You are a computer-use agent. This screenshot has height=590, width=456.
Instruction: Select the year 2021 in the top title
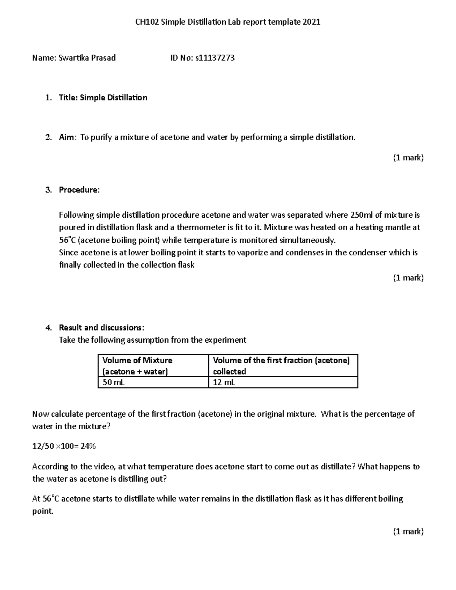tap(311, 22)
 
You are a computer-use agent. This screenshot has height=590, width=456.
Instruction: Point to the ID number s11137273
tap(215, 58)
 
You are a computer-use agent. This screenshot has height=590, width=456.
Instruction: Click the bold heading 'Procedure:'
tap(79, 190)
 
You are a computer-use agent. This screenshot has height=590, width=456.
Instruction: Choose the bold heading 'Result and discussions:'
tap(101, 327)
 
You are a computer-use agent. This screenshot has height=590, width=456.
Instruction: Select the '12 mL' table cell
tap(224, 382)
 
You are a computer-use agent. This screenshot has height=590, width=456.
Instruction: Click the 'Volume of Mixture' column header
tap(137, 360)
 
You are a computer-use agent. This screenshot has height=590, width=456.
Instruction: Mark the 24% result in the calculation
tap(88, 446)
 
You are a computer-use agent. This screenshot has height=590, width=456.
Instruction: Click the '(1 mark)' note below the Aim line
tap(408, 158)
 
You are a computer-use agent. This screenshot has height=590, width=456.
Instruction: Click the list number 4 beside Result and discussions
tap(48, 327)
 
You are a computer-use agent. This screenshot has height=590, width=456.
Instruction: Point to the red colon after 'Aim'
tap(76, 138)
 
